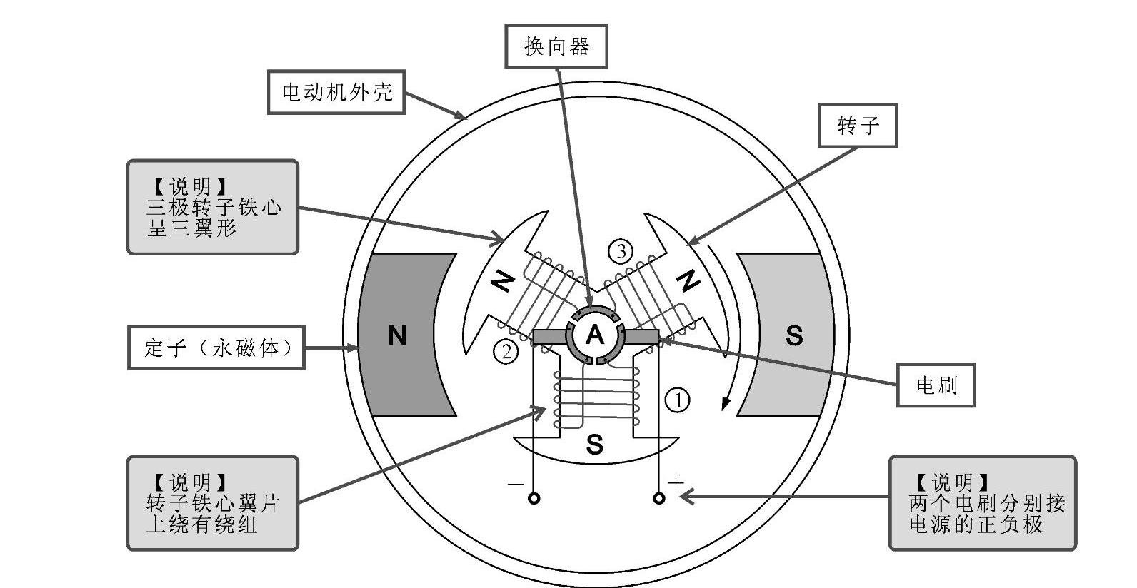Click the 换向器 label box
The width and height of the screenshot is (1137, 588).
[x=556, y=46]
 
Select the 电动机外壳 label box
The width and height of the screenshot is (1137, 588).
[x=336, y=92]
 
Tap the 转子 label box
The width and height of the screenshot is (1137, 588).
[x=858, y=126]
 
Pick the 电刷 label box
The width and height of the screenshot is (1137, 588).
[x=936, y=386]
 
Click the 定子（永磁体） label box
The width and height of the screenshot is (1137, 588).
[x=216, y=348]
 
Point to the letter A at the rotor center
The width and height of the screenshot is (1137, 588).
[x=595, y=335]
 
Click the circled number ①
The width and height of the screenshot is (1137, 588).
[x=677, y=400]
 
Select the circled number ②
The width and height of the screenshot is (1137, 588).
[x=506, y=351]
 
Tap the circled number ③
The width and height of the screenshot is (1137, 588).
[x=621, y=251]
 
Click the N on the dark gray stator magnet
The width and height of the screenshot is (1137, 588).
[x=397, y=335]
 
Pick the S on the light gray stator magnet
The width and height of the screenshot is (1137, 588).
[x=793, y=335]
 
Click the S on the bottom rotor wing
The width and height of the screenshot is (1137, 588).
[x=594, y=445]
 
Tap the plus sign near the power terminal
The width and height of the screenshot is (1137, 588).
[x=676, y=482]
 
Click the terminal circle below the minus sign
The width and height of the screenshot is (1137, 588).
[x=534, y=498]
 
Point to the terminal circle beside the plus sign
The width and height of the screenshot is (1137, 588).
[x=659, y=498]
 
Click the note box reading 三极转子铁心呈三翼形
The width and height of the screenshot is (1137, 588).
[x=213, y=207]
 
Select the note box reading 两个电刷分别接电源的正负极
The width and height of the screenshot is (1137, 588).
[x=982, y=503]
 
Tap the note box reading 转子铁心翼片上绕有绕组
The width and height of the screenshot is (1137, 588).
[x=213, y=503]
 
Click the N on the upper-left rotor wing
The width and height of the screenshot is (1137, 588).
[x=503, y=283]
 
